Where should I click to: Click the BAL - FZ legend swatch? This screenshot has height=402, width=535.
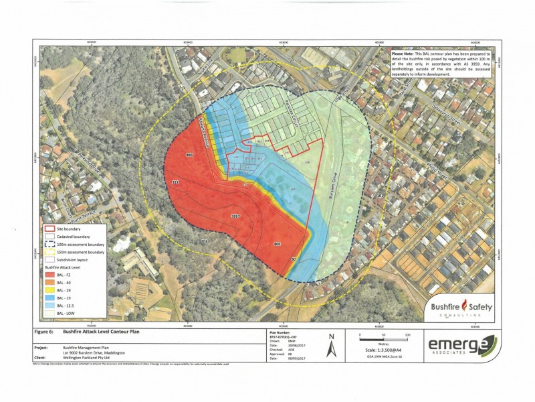[x=49, y=273]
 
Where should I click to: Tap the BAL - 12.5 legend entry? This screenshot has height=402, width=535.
[x=49, y=305]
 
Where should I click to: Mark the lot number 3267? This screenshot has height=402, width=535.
[x=235, y=216]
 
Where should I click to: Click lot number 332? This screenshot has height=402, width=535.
[x=176, y=182]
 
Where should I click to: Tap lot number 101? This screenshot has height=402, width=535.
[x=379, y=196]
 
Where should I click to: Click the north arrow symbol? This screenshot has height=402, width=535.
[x=330, y=346]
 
